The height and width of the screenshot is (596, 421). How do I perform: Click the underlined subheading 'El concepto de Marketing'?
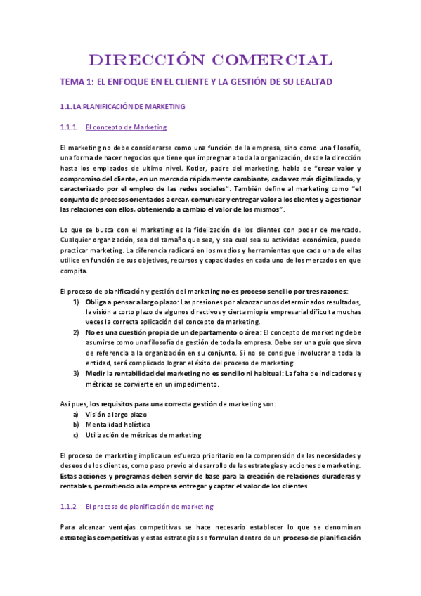pos(125,127)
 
